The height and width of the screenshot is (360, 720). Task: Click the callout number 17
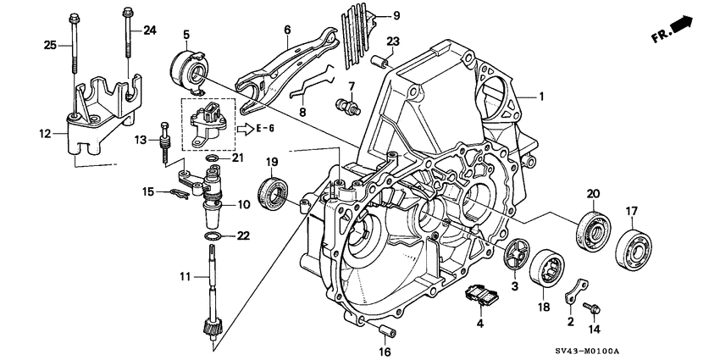coord(632,211)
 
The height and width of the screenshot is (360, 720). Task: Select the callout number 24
coord(150,30)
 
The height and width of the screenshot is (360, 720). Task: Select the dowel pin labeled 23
coord(378,60)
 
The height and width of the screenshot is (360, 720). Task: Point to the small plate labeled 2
coord(577,293)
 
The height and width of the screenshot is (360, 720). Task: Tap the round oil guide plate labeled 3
coord(510,255)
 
